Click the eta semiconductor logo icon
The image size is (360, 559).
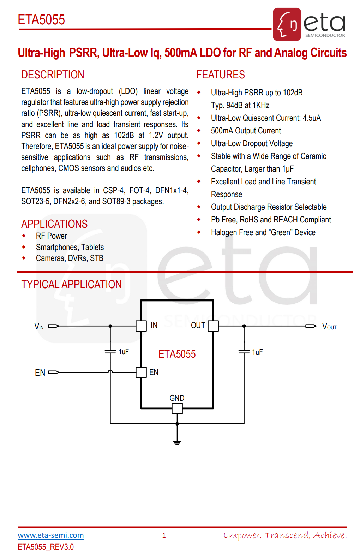click(x=287, y=24)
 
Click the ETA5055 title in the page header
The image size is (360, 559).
click(x=41, y=20)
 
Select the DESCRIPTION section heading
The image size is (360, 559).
click(x=53, y=75)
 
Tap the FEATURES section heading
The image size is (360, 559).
click(x=221, y=75)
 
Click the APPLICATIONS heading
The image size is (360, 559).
click(x=54, y=224)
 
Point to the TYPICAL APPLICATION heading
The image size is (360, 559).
click(x=71, y=284)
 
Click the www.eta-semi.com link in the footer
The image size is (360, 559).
click(x=51, y=535)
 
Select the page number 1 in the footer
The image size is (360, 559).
click(x=164, y=535)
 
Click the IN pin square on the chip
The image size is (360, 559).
click(x=141, y=326)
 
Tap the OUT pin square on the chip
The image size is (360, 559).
click(x=213, y=326)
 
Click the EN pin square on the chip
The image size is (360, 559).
click(x=141, y=372)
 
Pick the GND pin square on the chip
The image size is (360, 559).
click(x=177, y=408)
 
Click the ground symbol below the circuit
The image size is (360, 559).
click(x=177, y=441)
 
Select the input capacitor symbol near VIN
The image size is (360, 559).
click(x=110, y=352)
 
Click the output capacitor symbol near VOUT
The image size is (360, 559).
click(x=244, y=352)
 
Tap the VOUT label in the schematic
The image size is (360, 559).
click(x=329, y=327)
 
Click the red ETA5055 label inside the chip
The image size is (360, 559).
click(x=177, y=354)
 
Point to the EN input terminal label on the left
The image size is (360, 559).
click(x=40, y=373)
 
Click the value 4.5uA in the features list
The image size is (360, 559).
click(x=312, y=118)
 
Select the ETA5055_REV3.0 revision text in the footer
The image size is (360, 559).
click(x=46, y=547)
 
